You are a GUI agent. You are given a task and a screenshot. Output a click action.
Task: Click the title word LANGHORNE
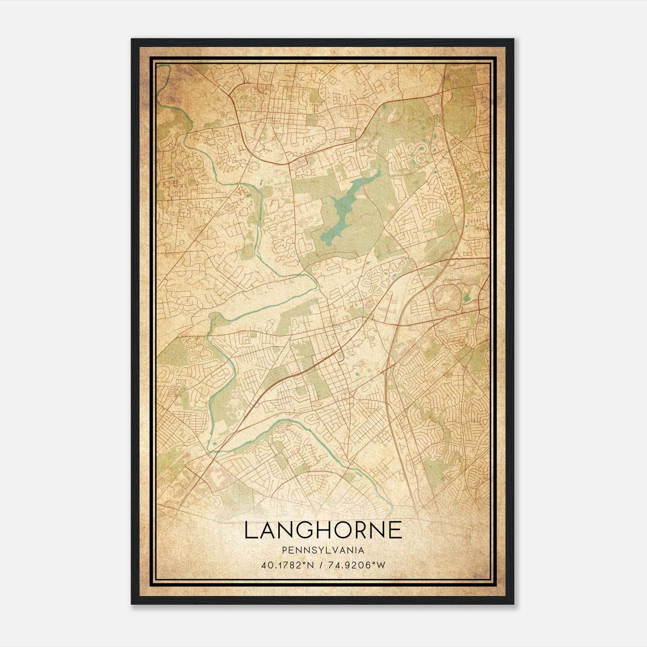[x=323, y=530]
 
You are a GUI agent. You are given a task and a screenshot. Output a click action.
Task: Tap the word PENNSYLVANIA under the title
[x=323, y=550]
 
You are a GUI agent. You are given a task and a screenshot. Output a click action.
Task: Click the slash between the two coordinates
[x=320, y=565]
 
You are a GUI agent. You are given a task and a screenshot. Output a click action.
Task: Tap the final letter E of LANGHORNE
[x=395, y=530]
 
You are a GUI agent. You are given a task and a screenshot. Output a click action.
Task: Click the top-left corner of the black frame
[x=132, y=39]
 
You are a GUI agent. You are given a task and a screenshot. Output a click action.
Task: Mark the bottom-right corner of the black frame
[x=514, y=604]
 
